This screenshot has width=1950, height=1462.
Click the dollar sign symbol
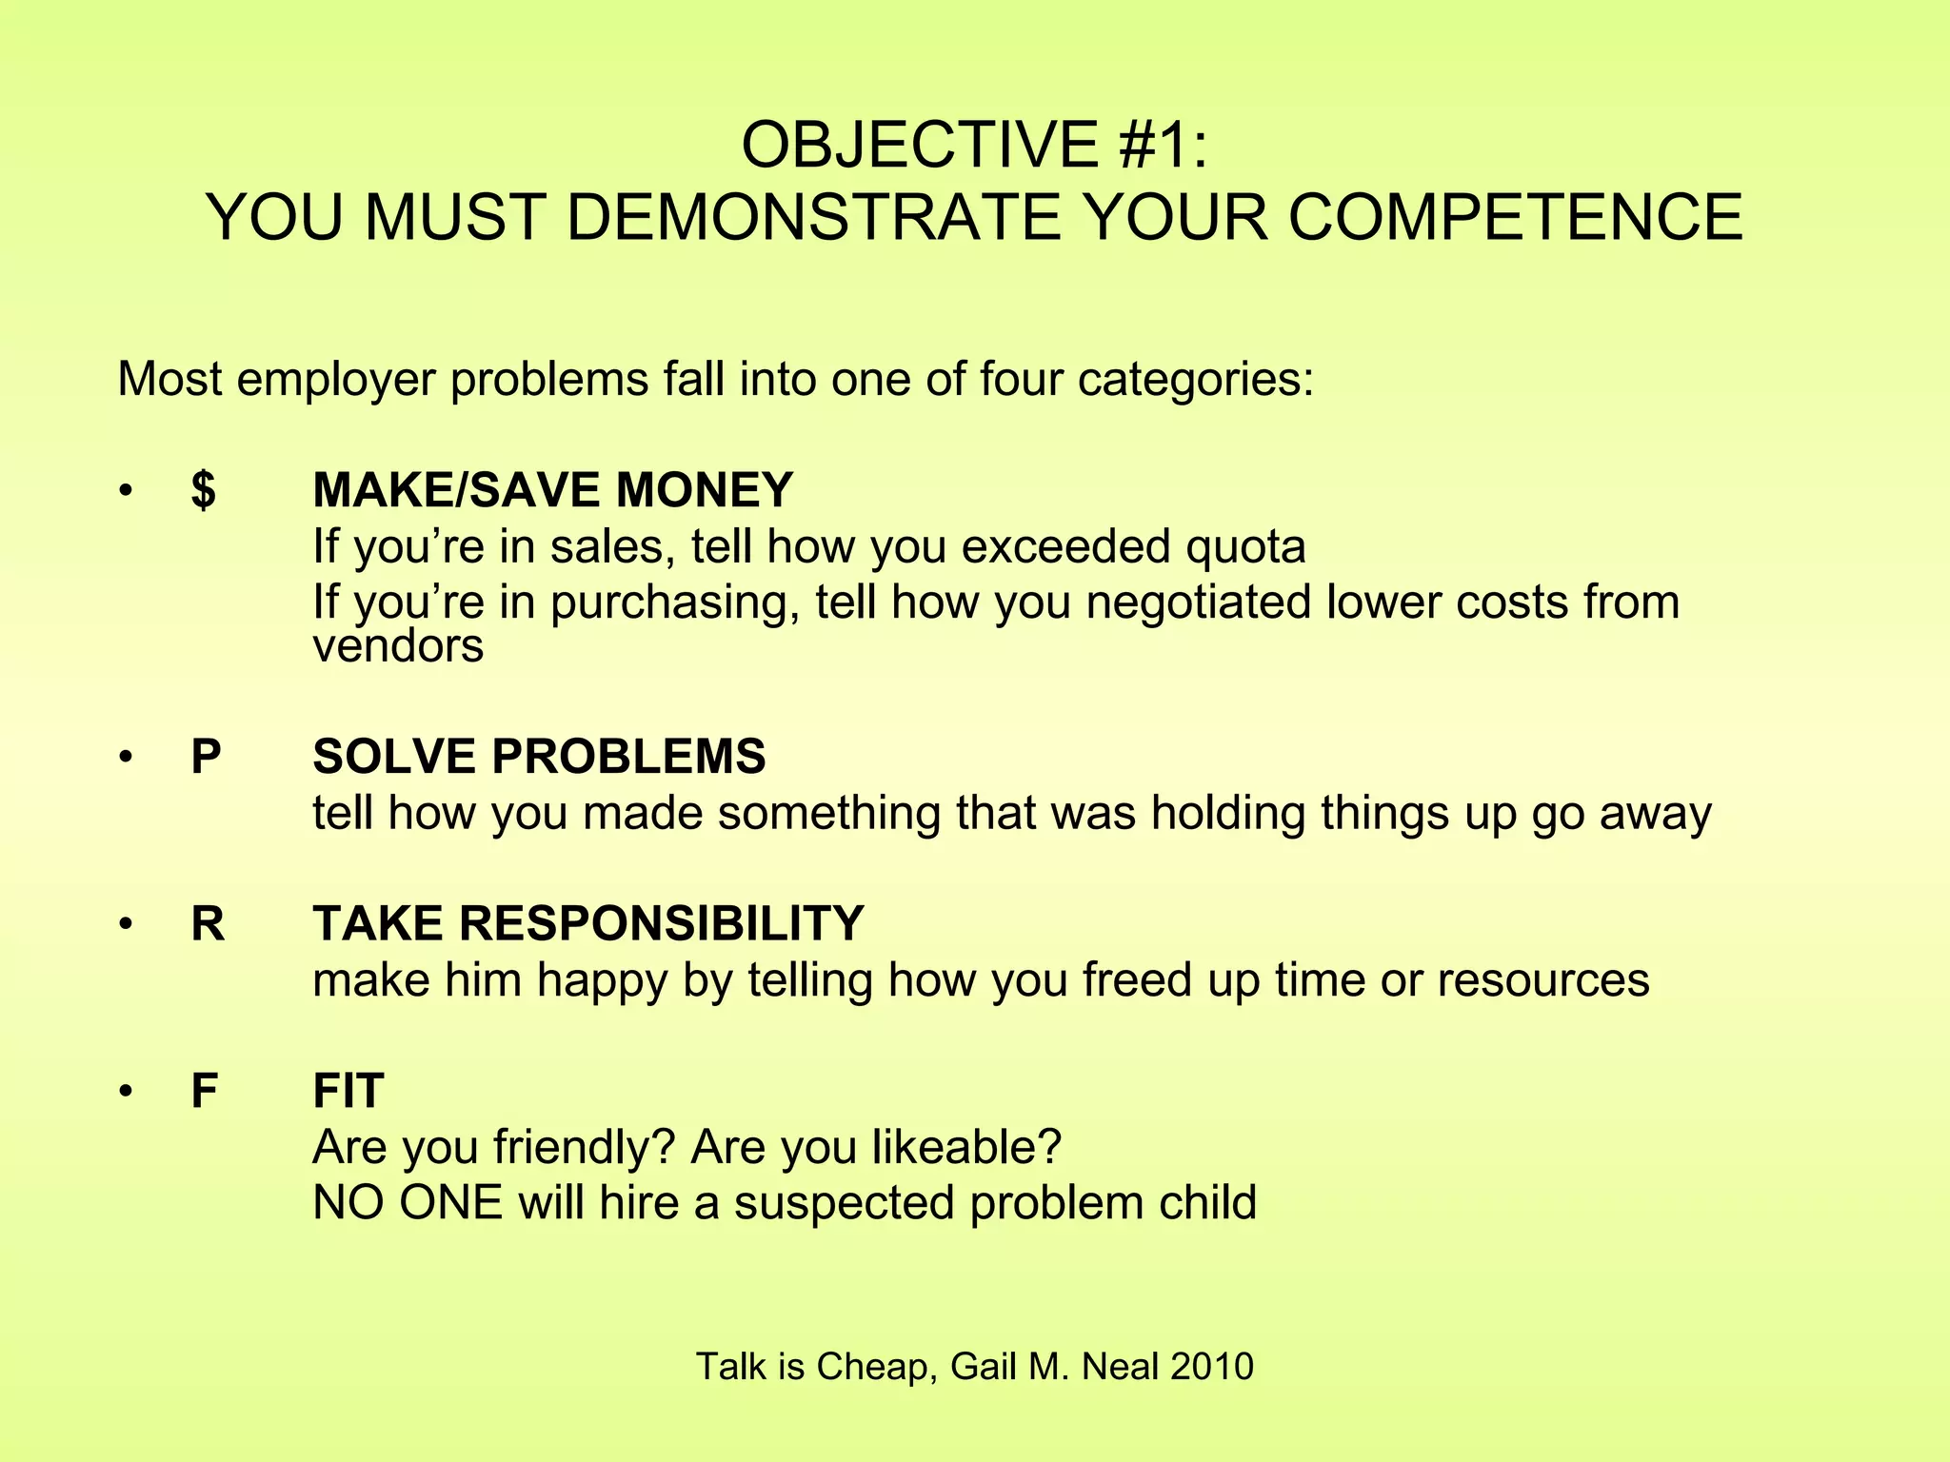point(203,491)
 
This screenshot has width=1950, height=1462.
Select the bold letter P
point(206,758)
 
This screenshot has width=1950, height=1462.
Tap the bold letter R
point(208,924)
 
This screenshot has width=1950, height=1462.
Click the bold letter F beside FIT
point(205,1091)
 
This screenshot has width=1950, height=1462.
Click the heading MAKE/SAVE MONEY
point(552,491)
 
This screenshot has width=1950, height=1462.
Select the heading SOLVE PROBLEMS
point(539,758)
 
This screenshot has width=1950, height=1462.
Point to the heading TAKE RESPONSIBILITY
point(587,924)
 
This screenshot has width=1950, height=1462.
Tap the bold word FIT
point(348,1091)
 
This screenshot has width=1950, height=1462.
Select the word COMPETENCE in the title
point(1515,218)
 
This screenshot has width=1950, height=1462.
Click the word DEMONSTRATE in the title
point(814,218)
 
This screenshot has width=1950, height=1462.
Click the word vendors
point(398,647)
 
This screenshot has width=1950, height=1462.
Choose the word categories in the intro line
point(1195,380)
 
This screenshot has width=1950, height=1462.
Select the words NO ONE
point(407,1203)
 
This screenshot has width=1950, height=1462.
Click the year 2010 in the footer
point(1211,1367)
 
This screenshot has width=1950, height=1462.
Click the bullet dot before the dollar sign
point(124,492)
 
